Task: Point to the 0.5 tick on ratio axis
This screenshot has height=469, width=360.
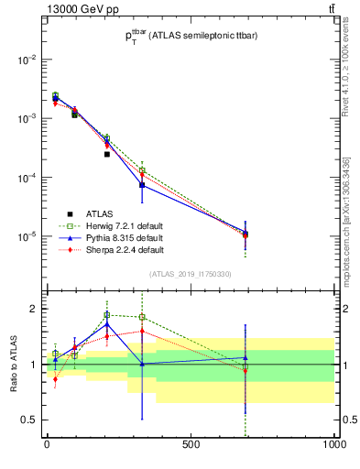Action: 29,420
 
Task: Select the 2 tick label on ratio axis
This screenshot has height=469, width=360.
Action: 33,309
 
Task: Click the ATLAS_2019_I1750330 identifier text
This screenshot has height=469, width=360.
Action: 191,274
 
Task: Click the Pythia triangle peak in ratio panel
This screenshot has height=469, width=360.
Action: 107,323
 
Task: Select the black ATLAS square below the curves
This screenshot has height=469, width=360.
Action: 107,154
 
